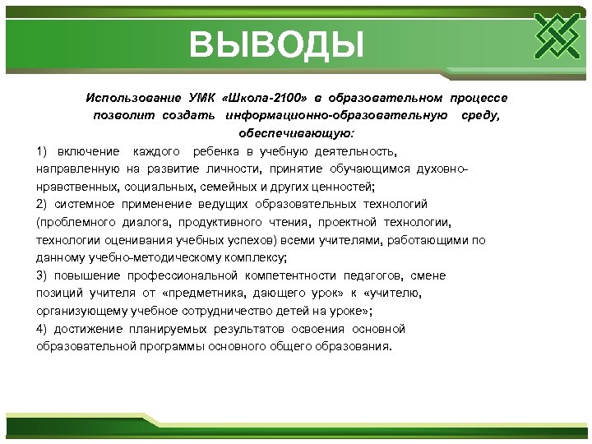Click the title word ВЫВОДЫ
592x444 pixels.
click(275, 44)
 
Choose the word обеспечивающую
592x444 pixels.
click(297, 132)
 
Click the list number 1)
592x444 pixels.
click(43, 151)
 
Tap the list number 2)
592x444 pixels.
click(43, 204)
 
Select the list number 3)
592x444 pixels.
click(43, 275)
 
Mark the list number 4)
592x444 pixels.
click(43, 328)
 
